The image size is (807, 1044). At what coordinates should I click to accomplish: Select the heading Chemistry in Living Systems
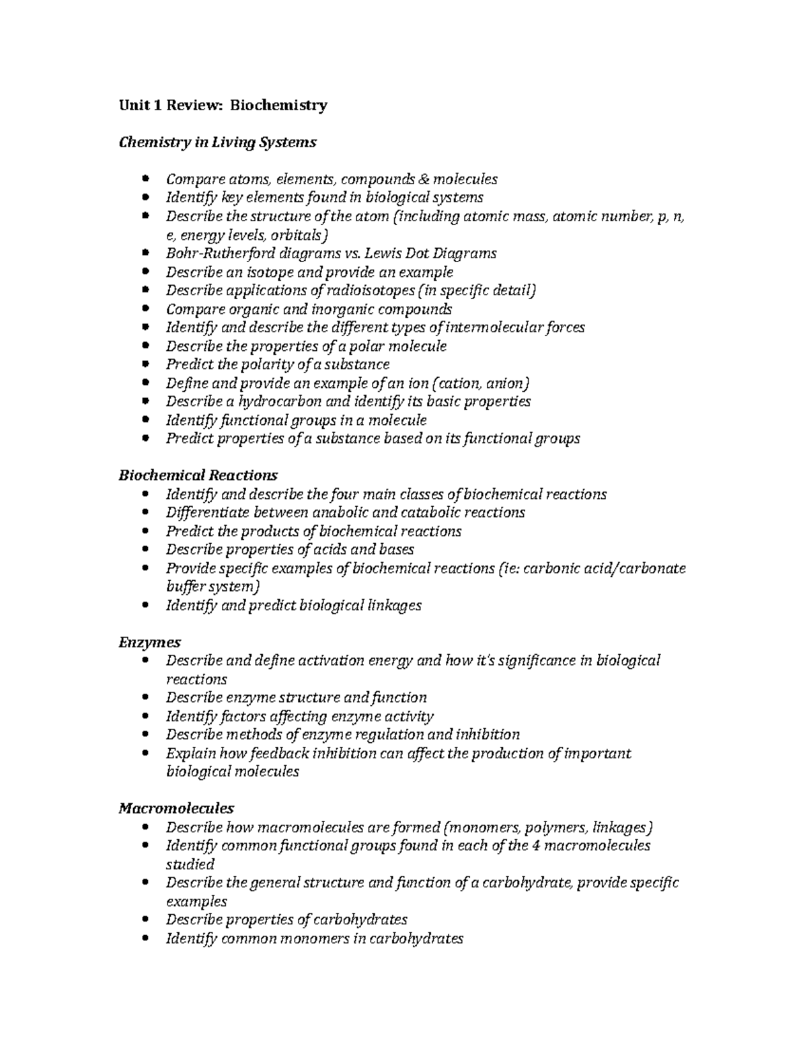click(217, 143)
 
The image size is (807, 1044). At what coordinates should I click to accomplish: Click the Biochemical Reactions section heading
click(198, 475)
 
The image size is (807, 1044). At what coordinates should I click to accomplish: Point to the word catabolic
click(428, 512)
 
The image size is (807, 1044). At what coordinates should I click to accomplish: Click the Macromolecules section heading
click(176, 807)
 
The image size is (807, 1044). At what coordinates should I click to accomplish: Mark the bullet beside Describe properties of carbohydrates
click(147, 920)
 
